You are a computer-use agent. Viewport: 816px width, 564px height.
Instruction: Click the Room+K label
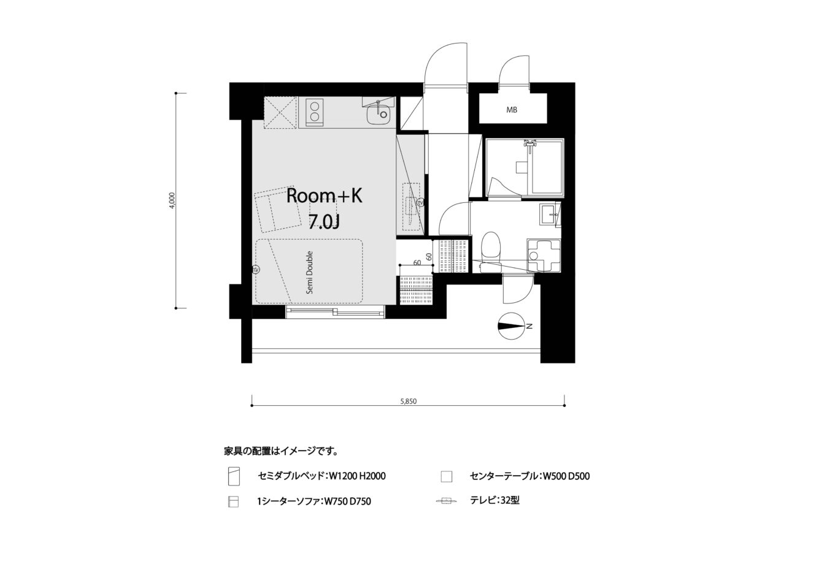pos(324,196)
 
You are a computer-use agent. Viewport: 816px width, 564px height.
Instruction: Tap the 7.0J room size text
pos(324,221)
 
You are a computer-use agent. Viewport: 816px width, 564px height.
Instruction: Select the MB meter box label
pos(512,110)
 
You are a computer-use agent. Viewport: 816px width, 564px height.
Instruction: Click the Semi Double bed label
pos(310,272)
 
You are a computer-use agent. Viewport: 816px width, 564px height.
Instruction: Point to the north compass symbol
pos(511,326)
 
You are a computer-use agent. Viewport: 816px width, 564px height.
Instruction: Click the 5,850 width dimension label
pos(408,402)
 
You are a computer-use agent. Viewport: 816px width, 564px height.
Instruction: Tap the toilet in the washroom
pos(491,251)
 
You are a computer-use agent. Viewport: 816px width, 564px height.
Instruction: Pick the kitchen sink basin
pos(378,114)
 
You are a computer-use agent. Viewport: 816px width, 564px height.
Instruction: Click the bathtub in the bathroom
pos(547,167)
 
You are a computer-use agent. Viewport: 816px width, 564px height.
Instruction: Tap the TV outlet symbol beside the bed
pos(256,270)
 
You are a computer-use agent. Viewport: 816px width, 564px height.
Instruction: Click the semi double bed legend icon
pos(234,476)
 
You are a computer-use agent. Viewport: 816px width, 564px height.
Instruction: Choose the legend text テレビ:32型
pos(495,500)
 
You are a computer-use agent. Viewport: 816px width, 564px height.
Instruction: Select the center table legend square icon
pos(446,476)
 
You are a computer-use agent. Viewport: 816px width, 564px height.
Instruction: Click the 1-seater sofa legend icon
pos(233,501)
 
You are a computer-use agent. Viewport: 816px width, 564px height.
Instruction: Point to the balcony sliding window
pos(335,312)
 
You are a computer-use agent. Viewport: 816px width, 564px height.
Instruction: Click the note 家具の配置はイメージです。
pos(280,451)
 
